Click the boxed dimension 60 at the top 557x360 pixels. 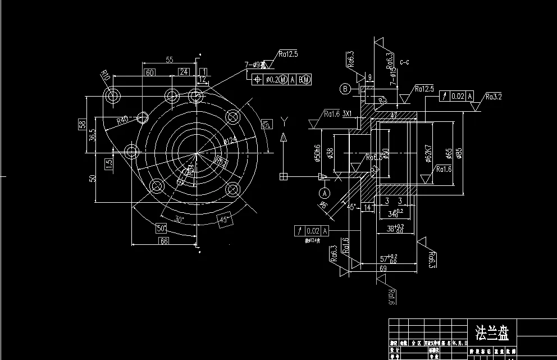point(150,72)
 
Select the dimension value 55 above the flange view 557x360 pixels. point(169,59)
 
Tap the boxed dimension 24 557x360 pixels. point(184,72)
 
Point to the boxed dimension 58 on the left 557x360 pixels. point(81,124)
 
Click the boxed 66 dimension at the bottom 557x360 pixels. point(164,241)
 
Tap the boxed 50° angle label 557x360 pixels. point(161,229)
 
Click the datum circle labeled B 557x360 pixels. point(345,89)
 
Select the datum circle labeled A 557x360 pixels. point(325,193)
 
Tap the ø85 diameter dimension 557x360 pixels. point(459,153)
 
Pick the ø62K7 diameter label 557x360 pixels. point(427,153)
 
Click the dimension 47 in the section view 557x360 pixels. point(394,115)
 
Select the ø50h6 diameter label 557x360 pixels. point(318,153)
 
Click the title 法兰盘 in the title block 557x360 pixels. point(491,332)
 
